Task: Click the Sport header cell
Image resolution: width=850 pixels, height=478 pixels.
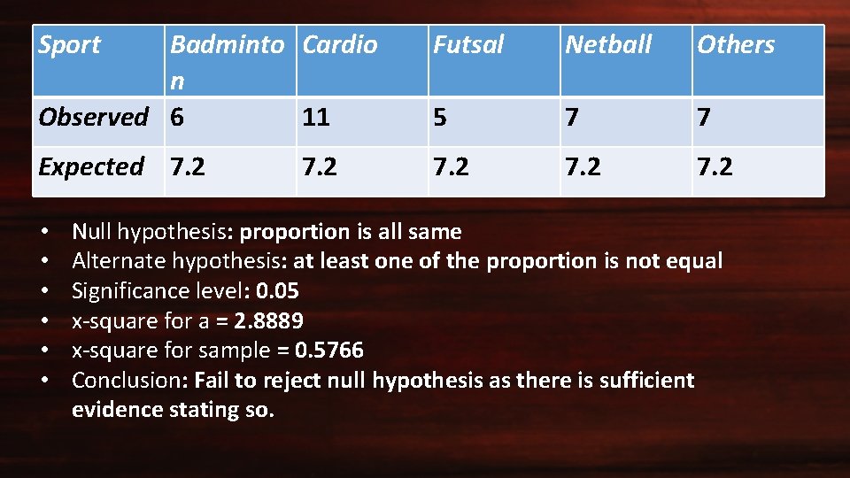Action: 69,44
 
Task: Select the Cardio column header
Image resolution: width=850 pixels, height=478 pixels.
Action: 340,44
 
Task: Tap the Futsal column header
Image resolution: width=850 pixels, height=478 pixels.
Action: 468,44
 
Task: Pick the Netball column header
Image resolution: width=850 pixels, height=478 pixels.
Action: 608,44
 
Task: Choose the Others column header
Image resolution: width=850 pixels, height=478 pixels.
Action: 736,44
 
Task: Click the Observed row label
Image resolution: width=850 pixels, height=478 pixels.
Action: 93,116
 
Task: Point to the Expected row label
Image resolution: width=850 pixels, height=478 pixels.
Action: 90,166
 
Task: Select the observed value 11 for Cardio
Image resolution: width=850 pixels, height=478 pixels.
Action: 316,117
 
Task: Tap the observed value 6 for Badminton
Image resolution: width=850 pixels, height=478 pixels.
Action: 177,116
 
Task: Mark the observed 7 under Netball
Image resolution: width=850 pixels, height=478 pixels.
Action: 573,117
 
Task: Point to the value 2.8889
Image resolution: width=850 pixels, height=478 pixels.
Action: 269,320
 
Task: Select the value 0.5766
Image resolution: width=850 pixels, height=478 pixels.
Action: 329,351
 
